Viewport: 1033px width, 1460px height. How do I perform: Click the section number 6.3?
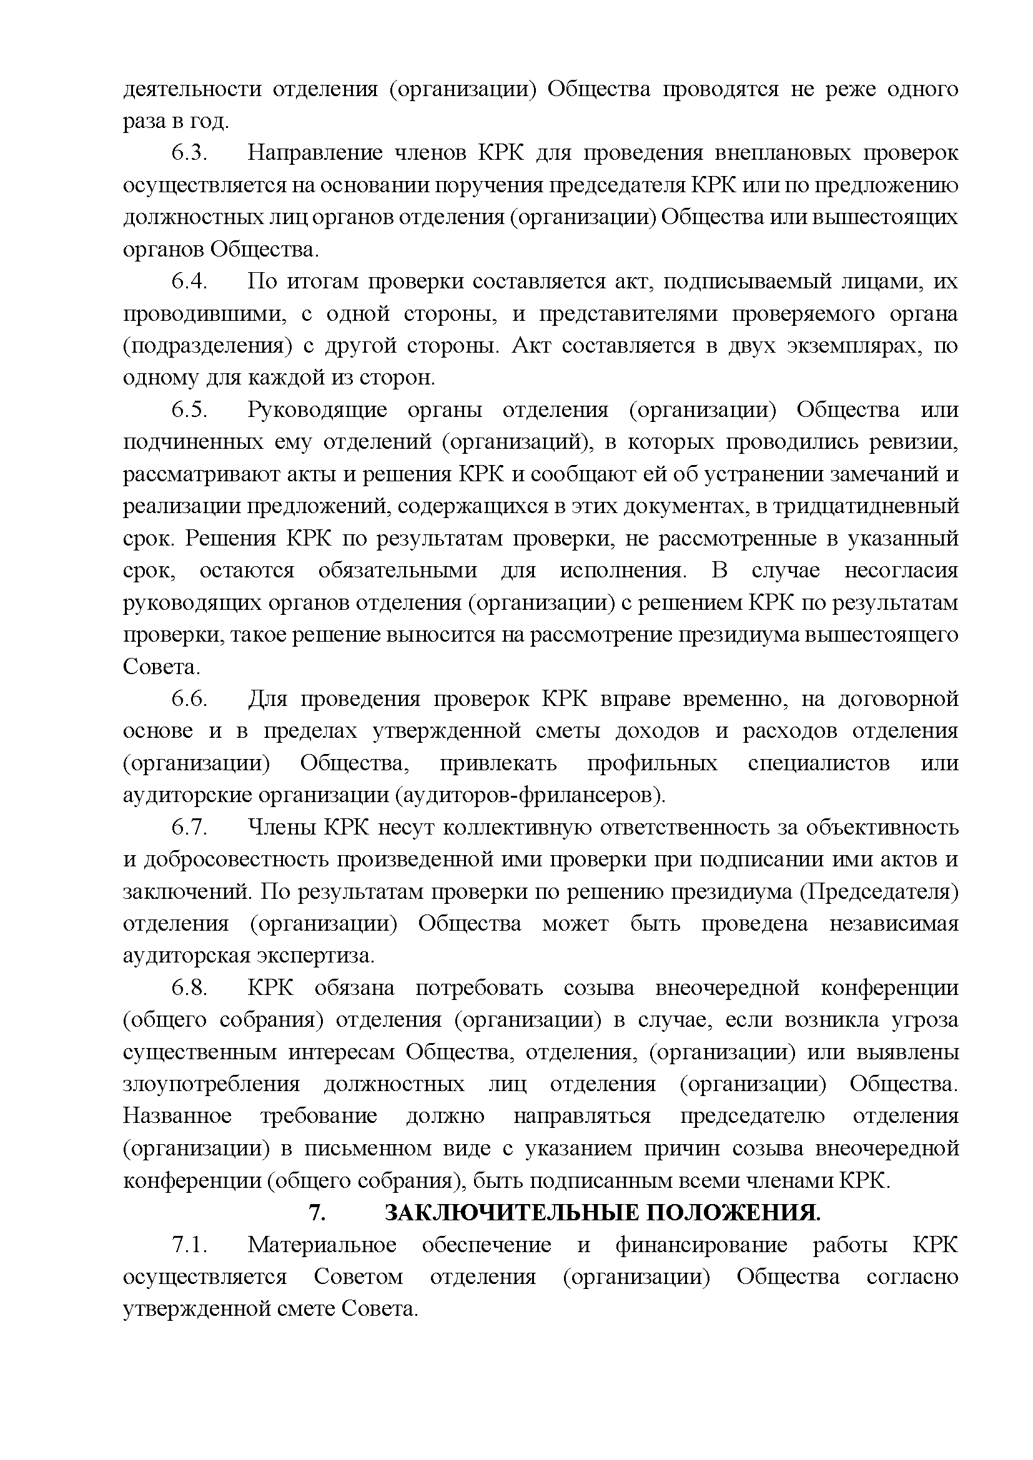pos(189,154)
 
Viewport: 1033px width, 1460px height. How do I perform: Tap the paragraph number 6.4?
pos(189,282)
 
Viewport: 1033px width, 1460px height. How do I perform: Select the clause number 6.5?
pos(189,410)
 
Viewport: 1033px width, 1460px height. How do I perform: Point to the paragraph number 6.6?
pos(189,700)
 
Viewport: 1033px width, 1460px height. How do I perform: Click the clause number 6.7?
pos(189,828)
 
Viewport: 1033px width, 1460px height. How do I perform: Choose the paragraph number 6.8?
pos(189,988)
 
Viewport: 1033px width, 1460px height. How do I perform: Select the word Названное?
pos(177,1117)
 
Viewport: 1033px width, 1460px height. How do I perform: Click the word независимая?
pos(894,924)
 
